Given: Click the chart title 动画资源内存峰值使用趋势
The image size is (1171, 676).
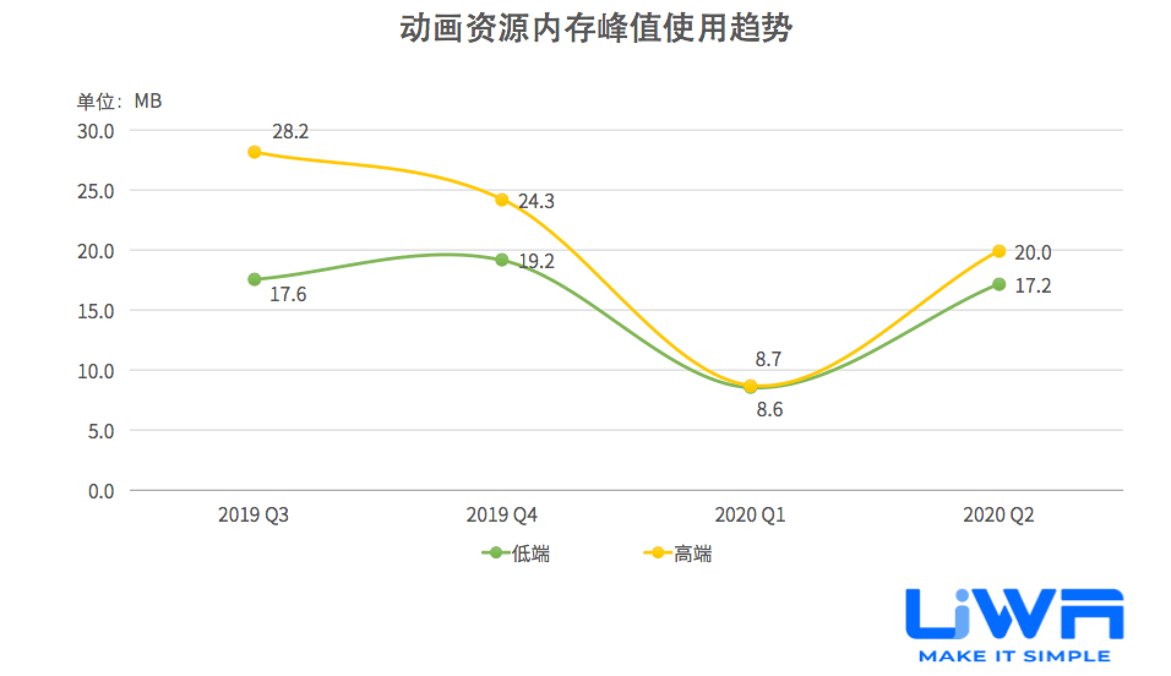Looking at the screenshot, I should point(595,29).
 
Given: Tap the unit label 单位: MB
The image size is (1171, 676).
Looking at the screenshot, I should point(119,101).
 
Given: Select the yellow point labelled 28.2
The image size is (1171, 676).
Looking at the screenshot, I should point(254,152).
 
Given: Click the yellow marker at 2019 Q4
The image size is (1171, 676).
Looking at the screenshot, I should point(502,200).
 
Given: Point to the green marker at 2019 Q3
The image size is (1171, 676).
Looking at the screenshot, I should point(254,280).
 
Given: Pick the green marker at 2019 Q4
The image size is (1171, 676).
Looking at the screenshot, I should point(502,260).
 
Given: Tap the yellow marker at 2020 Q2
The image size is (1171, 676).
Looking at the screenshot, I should point(998,251).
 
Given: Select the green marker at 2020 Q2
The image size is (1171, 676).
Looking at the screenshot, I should point(998,284).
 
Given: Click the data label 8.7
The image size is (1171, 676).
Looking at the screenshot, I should point(768,359).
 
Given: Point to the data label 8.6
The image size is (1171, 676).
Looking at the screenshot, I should point(769,410).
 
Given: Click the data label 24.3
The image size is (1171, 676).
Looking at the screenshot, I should point(536,201).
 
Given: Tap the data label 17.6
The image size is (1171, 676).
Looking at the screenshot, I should point(288,295).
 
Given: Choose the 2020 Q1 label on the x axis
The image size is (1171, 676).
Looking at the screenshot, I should point(750,515).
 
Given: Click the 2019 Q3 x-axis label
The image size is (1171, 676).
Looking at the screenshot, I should point(253,515).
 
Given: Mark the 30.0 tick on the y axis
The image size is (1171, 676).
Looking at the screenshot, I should point(96,132).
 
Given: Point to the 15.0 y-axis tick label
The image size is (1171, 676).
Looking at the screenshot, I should point(96,312).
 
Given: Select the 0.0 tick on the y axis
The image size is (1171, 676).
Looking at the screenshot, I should point(101,491).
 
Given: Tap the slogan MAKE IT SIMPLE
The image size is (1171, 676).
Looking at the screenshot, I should point(1014,656).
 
